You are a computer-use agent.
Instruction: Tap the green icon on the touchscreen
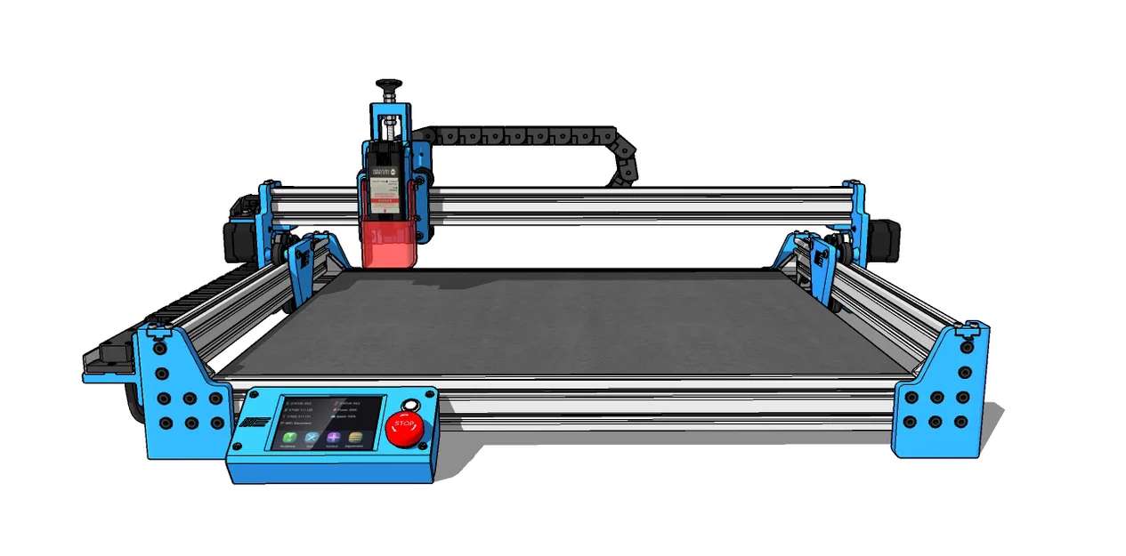pyautogui.click(x=289, y=438)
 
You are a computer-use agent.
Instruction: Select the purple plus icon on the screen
pyautogui.click(x=333, y=438)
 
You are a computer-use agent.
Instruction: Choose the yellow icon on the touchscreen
pyautogui.click(x=355, y=438)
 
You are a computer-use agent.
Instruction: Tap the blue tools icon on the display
pyautogui.click(x=312, y=438)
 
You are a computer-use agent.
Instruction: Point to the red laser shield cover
pyautogui.click(x=388, y=244)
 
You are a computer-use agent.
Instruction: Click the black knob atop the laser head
pyautogui.click(x=388, y=85)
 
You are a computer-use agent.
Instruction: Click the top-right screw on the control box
pyautogui.click(x=430, y=392)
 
